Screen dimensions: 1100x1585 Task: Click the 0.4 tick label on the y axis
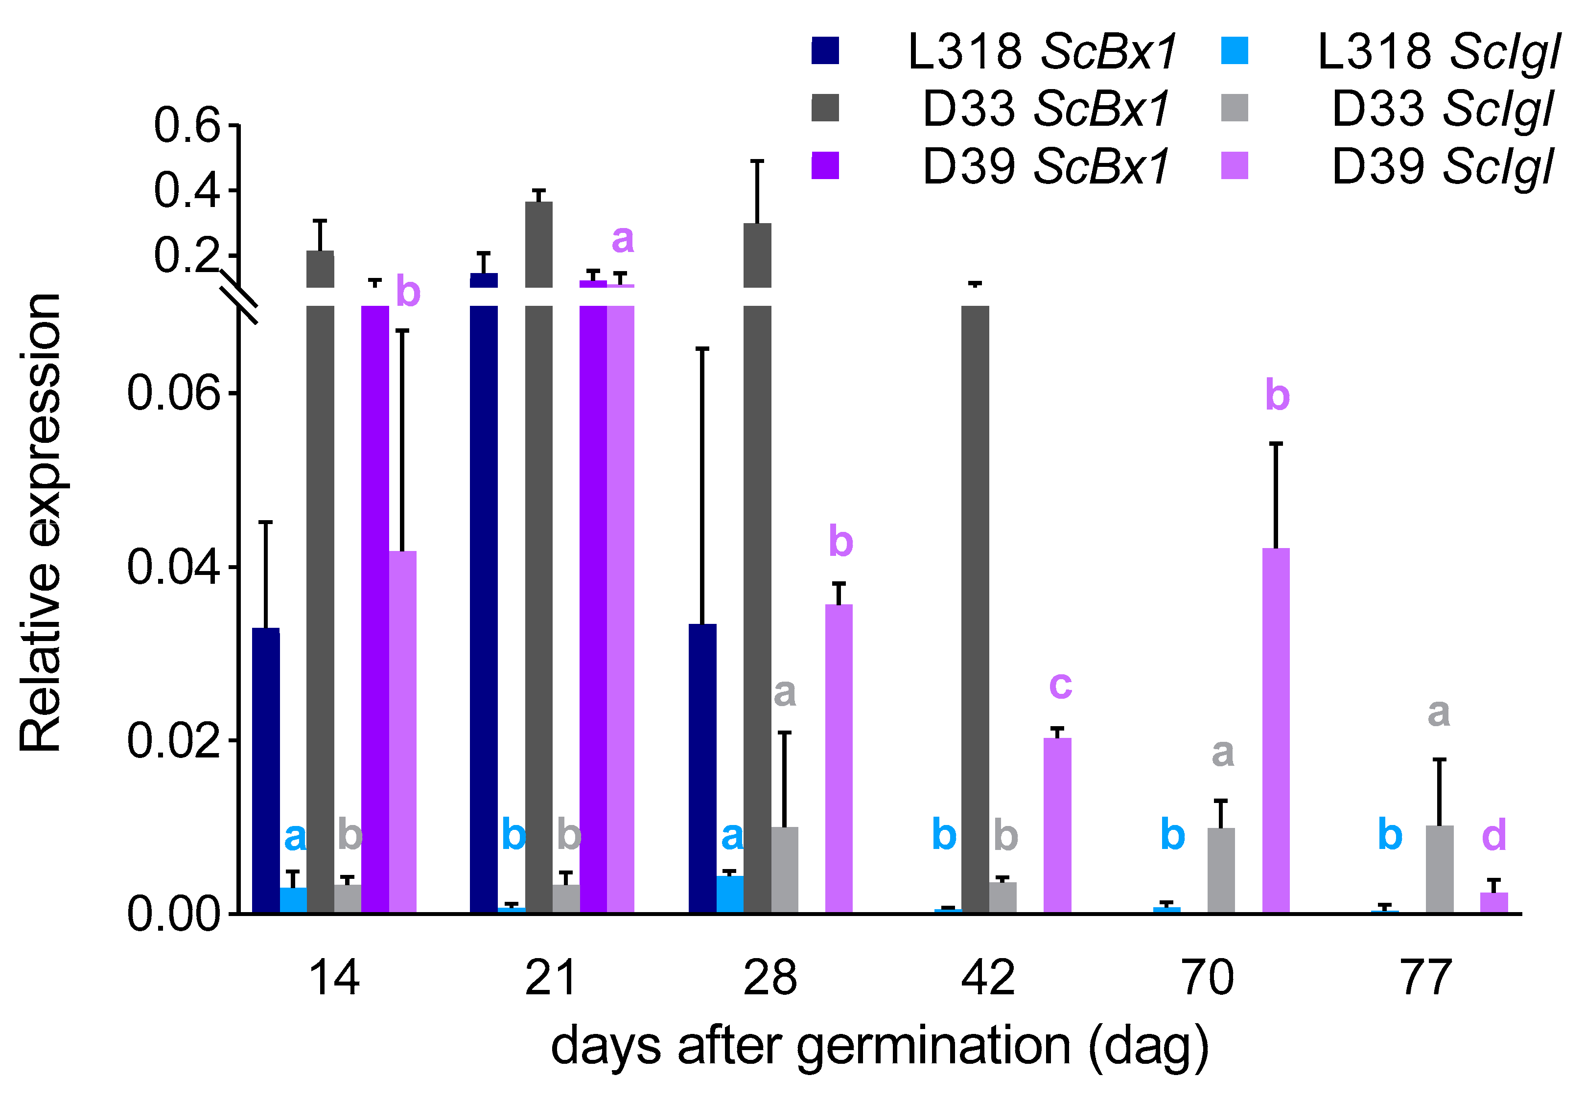[186, 191]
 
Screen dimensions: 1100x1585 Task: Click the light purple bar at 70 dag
[1276, 731]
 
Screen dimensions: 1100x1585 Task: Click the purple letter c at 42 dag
[1060, 685]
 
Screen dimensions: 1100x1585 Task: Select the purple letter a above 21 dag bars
[623, 239]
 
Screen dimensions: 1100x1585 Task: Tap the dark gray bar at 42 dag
[975, 606]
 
